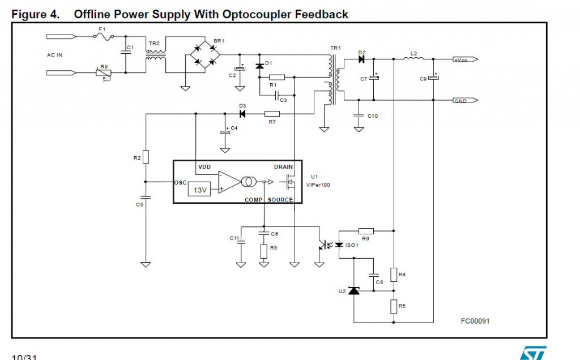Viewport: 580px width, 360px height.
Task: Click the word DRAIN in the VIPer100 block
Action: (x=283, y=167)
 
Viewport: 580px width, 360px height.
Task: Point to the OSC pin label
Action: (x=180, y=182)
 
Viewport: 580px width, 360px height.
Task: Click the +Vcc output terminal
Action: (x=465, y=59)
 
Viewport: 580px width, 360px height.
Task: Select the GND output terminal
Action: (x=465, y=101)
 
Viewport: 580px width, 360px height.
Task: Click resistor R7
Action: (x=272, y=114)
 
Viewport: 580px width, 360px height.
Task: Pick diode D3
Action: (x=242, y=114)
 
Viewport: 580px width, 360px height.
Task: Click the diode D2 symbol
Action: (x=361, y=59)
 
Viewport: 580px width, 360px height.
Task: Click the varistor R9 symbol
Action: (x=104, y=73)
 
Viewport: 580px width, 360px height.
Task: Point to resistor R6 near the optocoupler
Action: (x=366, y=230)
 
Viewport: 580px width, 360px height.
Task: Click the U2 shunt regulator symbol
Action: (x=354, y=291)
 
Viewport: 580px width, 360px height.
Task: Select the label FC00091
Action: (x=475, y=321)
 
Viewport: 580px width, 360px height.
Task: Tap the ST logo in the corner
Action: (x=534, y=352)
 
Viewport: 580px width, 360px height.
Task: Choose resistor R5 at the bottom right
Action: (x=394, y=306)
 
